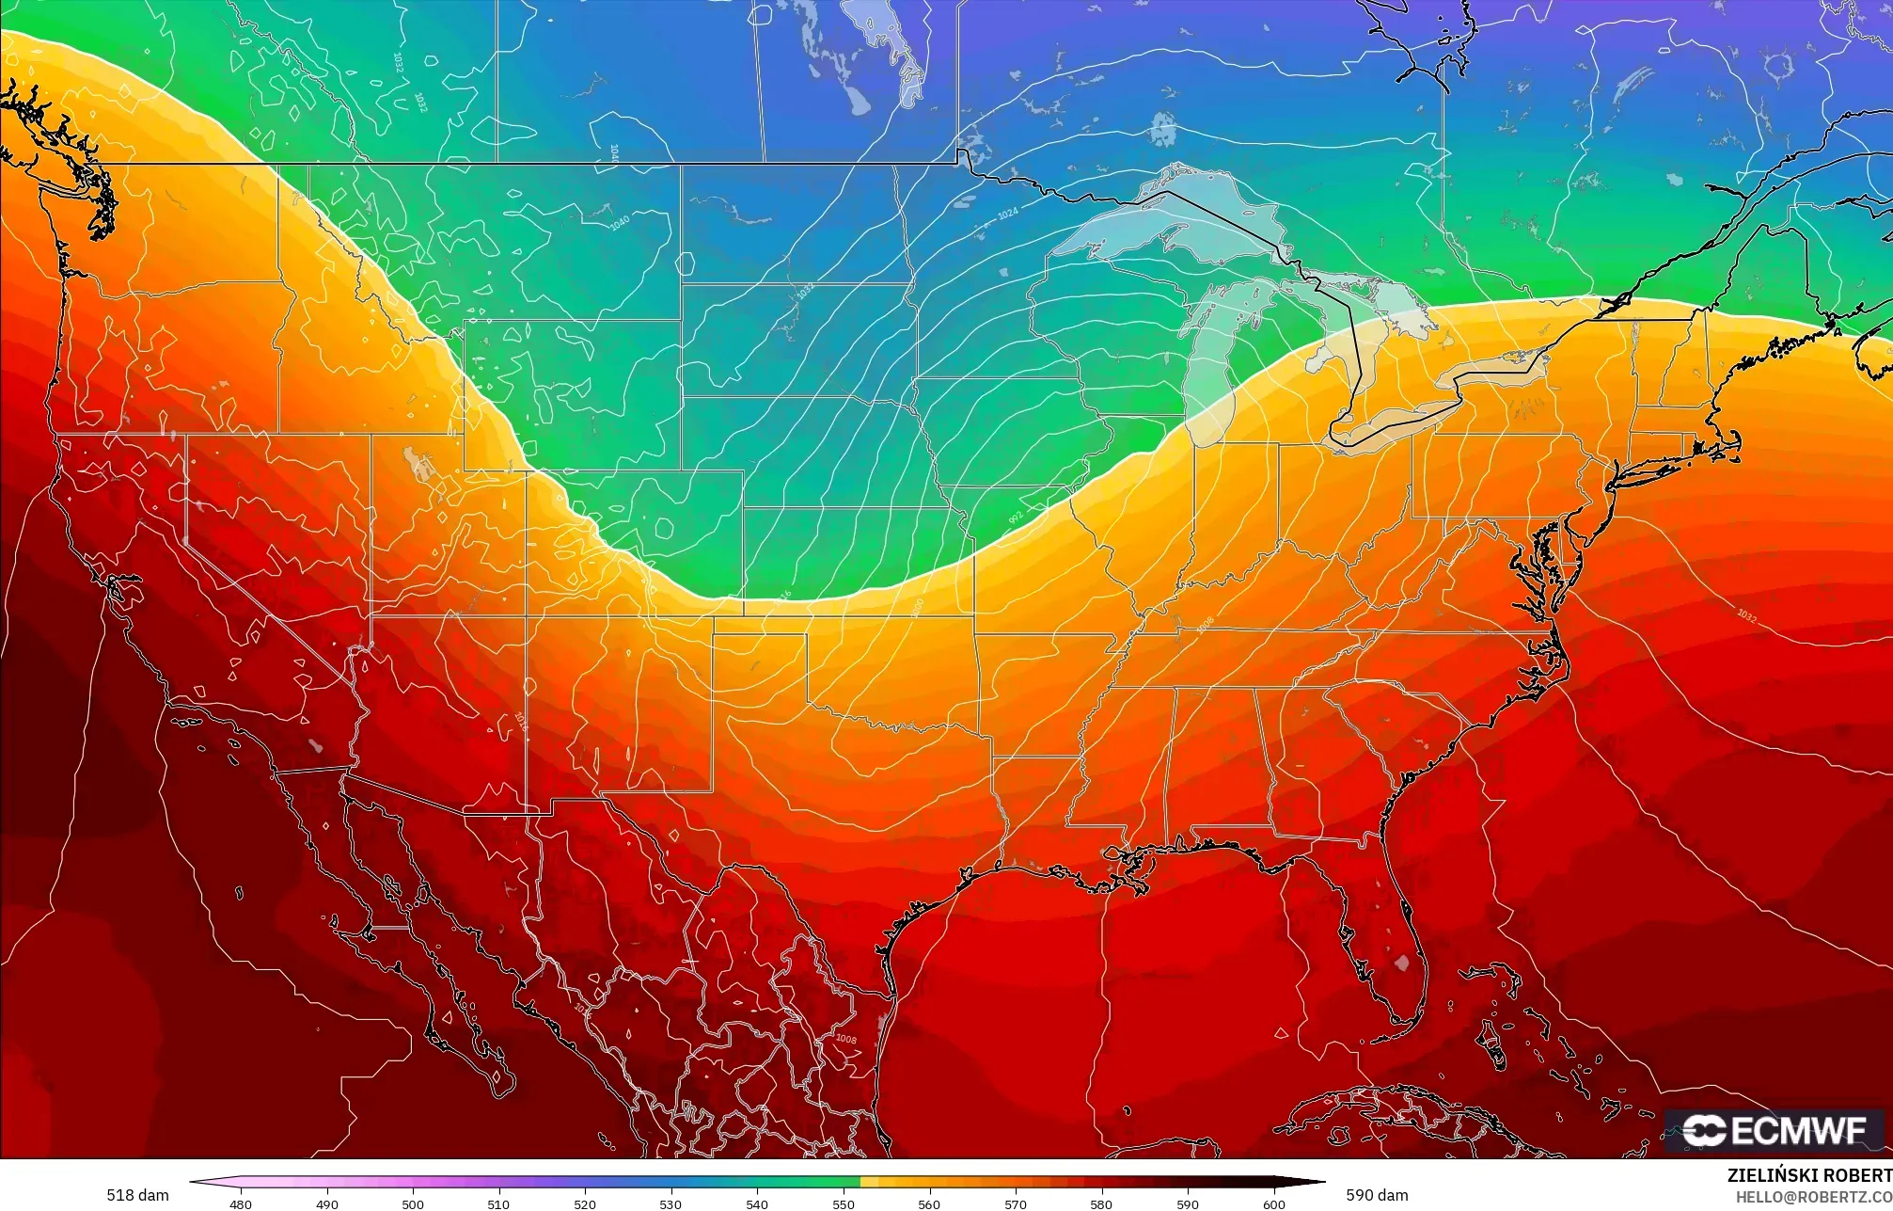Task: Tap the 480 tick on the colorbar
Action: pyautogui.click(x=241, y=1203)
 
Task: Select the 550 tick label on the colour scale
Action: pyautogui.click(x=843, y=1203)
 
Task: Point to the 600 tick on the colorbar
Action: pyautogui.click(x=1273, y=1203)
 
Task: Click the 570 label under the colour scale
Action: pyautogui.click(x=1015, y=1203)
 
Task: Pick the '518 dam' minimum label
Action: pyautogui.click(x=137, y=1195)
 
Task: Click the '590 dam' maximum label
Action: pyautogui.click(x=1377, y=1195)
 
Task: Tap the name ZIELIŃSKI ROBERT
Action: pyautogui.click(x=1809, y=1175)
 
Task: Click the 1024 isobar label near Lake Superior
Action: pyautogui.click(x=1007, y=215)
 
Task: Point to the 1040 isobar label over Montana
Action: pyautogui.click(x=619, y=223)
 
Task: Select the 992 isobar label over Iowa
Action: pyautogui.click(x=1016, y=518)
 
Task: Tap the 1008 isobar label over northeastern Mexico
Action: pyautogui.click(x=845, y=1039)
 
